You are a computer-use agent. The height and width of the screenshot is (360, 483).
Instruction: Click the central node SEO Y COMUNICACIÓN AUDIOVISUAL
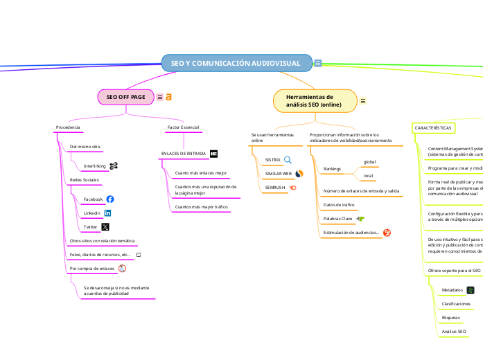[x=236, y=63]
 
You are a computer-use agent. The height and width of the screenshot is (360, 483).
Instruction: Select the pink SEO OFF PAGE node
[x=125, y=97]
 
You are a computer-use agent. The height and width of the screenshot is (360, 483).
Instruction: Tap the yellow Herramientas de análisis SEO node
[x=315, y=100]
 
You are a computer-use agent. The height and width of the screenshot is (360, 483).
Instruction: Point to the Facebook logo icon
[x=110, y=199]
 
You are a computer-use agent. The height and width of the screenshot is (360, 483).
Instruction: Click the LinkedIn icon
[x=107, y=213]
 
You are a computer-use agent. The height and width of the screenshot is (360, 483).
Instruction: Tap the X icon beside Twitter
[x=105, y=226]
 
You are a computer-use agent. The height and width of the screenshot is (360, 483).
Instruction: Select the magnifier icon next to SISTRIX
[x=288, y=159]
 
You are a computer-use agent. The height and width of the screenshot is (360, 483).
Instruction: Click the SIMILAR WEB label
[x=279, y=173]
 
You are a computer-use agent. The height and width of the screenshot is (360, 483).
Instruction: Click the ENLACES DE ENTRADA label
[x=183, y=153]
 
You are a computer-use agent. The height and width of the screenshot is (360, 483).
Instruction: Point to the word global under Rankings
[x=369, y=162]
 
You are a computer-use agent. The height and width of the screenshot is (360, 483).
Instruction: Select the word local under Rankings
[x=369, y=176]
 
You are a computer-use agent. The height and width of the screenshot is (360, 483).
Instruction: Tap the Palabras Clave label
[x=338, y=219]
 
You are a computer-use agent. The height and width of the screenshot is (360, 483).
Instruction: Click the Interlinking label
[x=94, y=166]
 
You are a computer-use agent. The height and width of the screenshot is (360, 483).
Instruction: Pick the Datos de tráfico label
[x=339, y=205]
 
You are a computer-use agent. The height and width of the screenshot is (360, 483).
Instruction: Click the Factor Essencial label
[x=183, y=128]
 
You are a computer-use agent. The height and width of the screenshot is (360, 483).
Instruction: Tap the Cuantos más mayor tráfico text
[x=201, y=206]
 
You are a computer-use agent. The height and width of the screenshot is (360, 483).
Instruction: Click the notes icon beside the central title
[x=317, y=63]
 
